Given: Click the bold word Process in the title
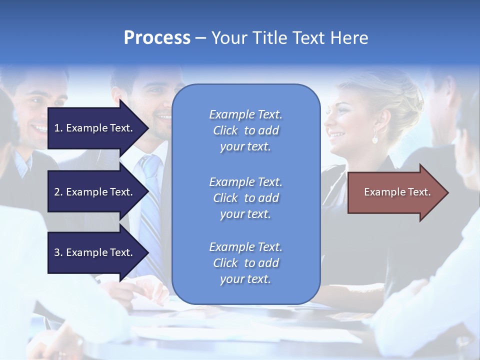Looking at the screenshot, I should click(157, 38).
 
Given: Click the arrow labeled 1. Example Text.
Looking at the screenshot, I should click(95, 128).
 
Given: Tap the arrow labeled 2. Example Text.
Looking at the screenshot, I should click(95, 192).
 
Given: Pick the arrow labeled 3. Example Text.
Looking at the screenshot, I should click(95, 252).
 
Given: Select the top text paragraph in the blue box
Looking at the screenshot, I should click(245, 130).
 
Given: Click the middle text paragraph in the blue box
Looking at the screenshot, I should click(245, 198).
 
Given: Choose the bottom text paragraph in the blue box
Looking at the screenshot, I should click(245, 263).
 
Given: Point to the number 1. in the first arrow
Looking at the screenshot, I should click(58, 128).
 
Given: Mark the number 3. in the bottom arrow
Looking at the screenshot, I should click(58, 252).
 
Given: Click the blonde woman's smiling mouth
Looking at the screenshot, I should click(337, 134).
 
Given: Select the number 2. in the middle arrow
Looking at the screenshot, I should click(58, 192).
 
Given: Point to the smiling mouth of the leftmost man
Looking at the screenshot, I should click(38, 127).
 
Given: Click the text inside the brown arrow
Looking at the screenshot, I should click(397, 192).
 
